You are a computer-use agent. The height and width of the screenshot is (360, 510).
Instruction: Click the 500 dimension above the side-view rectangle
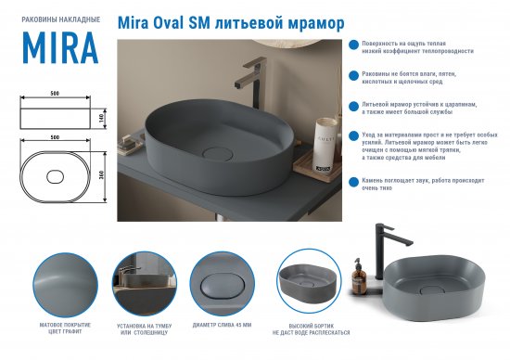coord(56,95)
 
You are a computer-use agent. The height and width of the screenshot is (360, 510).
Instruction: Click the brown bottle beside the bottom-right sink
coord(357,273)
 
